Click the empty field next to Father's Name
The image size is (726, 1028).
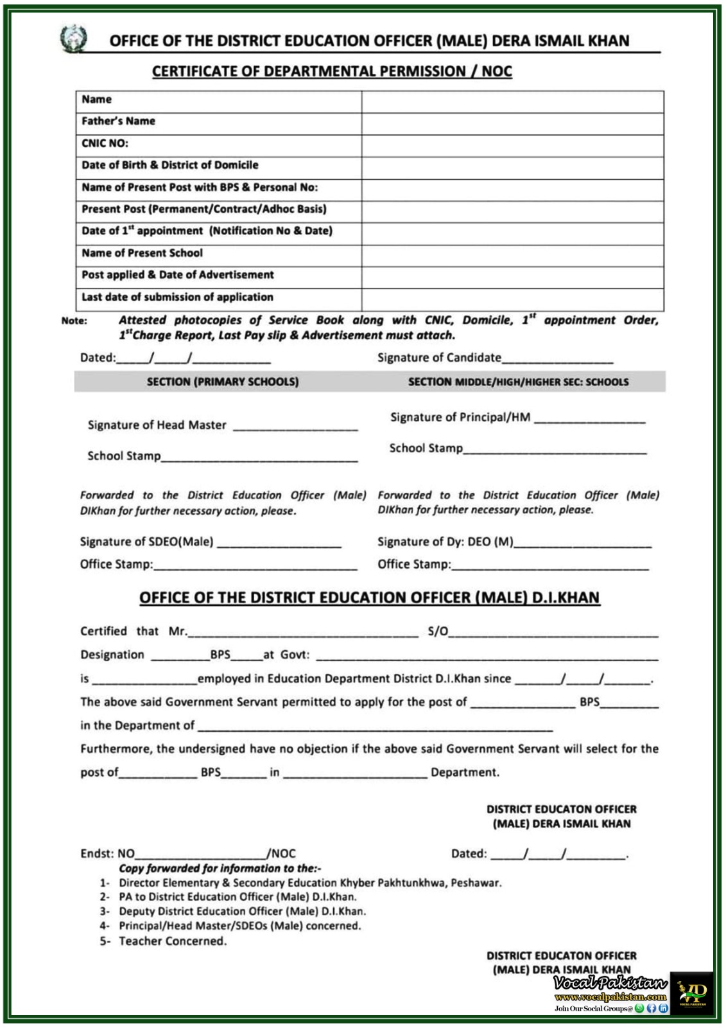pyautogui.click(x=512, y=122)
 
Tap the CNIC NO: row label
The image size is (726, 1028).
pyautogui.click(x=105, y=143)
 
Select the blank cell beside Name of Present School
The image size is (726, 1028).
pyautogui.click(x=512, y=254)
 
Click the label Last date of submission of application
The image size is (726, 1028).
pyautogui.click(x=177, y=297)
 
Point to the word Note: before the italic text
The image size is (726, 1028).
pyautogui.click(x=74, y=321)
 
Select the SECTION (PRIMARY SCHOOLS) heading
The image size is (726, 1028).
pyautogui.click(x=222, y=382)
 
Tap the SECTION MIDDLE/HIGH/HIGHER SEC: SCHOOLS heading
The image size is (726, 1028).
pyautogui.click(x=518, y=382)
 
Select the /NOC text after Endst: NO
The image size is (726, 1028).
pyautogui.click(x=282, y=854)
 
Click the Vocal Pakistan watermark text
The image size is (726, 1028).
pyautogui.click(x=610, y=983)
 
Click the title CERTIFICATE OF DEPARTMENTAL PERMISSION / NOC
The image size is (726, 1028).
pyautogui.click(x=332, y=71)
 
